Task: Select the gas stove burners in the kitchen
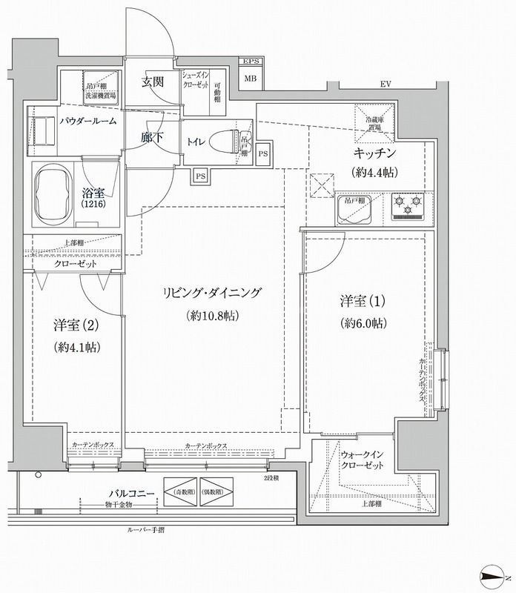point(406,206)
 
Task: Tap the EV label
point(385,83)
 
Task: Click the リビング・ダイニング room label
point(211,293)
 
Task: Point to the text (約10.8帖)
point(211,316)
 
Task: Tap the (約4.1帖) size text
point(77,346)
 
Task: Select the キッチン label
point(374,153)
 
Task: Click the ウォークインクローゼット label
point(362,460)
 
